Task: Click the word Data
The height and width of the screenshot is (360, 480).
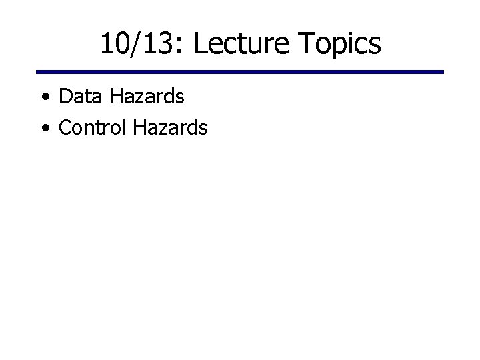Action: pyautogui.click(x=80, y=97)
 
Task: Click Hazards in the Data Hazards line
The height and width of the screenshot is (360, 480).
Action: pyautogui.click(x=147, y=97)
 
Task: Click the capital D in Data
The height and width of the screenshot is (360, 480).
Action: pyautogui.click(x=65, y=97)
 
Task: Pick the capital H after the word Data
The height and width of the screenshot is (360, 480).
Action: pyautogui.click(x=116, y=97)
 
